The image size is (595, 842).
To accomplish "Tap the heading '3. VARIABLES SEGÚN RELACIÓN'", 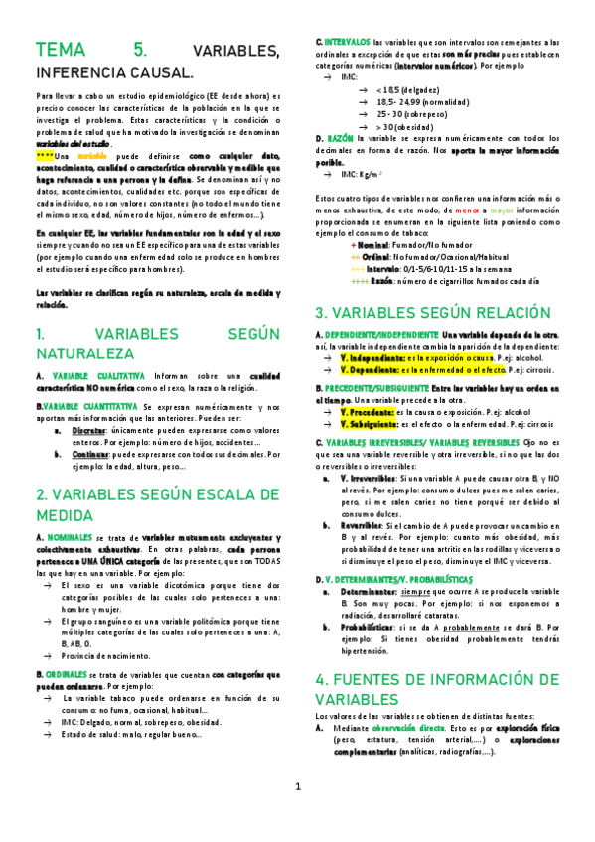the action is tap(432, 312).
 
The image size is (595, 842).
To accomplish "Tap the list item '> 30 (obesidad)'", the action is tap(407, 127).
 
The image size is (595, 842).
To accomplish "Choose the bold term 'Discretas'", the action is tap(90, 431).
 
